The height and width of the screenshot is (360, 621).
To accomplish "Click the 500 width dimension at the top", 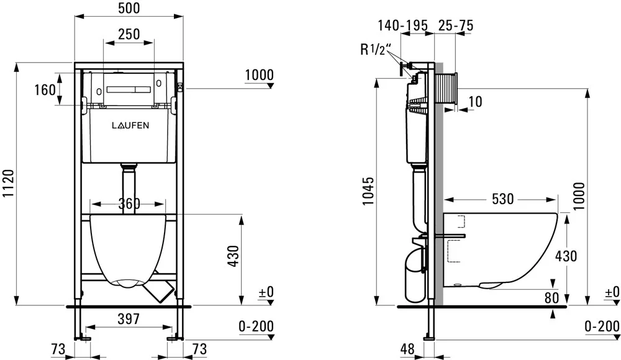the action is pos(129,8).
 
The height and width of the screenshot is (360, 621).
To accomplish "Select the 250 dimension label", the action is pos(129,34).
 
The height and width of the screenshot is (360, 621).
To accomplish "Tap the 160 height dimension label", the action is pos(45,90).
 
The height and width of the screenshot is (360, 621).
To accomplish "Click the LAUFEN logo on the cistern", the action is pos(130,125).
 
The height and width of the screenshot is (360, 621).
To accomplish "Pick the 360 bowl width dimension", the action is pos(129,204).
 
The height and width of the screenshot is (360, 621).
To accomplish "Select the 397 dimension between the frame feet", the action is pos(129,319).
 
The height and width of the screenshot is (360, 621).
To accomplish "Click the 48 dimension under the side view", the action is pos(407,349).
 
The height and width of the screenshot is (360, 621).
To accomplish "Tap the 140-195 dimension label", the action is pos(402,25).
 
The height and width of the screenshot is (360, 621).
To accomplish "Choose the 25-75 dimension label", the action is pos(456,25).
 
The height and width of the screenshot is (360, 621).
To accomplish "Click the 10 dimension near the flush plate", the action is pos(475,102).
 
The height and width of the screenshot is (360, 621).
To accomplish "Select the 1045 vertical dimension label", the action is pos(368,191).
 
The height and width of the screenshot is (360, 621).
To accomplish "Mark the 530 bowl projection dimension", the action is pos(502,199).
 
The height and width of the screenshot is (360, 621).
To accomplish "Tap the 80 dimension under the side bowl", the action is pos(551,298).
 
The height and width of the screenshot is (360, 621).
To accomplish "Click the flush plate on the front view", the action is pos(129,90).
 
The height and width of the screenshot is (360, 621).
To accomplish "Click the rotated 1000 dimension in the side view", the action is pos(579,196).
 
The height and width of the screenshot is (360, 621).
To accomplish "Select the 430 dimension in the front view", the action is pos(233,256).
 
